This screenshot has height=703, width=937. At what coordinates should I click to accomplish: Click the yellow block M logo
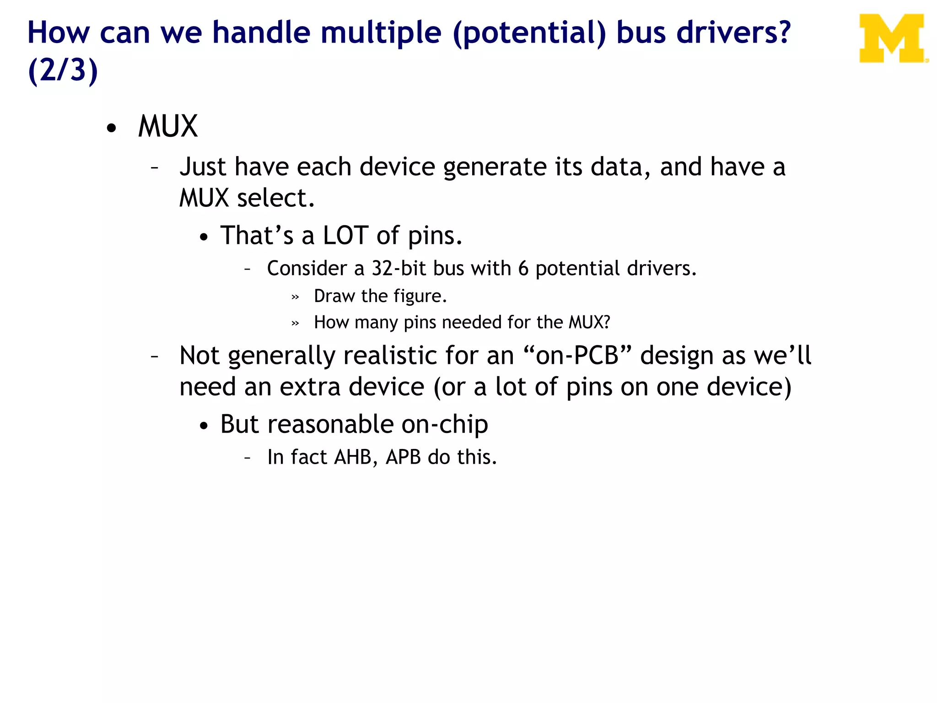pyautogui.click(x=892, y=38)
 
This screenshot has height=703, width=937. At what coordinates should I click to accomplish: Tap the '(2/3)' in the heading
pyautogui.click(x=63, y=70)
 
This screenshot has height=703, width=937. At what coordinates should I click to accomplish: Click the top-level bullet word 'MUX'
pyautogui.click(x=168, y=126)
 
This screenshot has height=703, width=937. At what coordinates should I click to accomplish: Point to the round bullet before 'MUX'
pyautogui.click(x=111, y=129)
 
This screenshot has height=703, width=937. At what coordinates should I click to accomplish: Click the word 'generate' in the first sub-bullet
pyautogui.click(x=495, y=167)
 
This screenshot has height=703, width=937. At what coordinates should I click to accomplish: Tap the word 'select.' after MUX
pyautogui.click(x=276, y=198)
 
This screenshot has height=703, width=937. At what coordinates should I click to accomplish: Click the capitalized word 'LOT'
pyautogui.click(x=345, y=235)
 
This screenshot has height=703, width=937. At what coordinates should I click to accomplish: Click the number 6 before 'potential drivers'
pyautogui.click(x=523, y=269)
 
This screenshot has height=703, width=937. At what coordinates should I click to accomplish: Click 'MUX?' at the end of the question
pyautogui.click(x=589, y=322)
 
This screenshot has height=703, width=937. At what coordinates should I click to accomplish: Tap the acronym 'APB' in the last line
pyautogui.click(x=403, y=457)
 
